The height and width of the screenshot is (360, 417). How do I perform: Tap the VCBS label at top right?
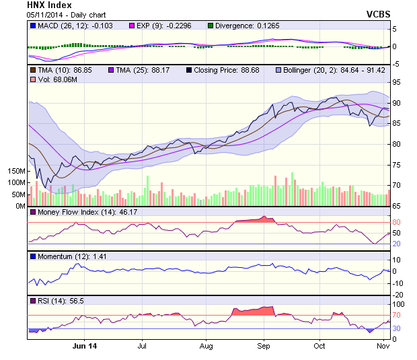(378, 13)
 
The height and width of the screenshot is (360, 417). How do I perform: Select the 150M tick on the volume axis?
(15, 172)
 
